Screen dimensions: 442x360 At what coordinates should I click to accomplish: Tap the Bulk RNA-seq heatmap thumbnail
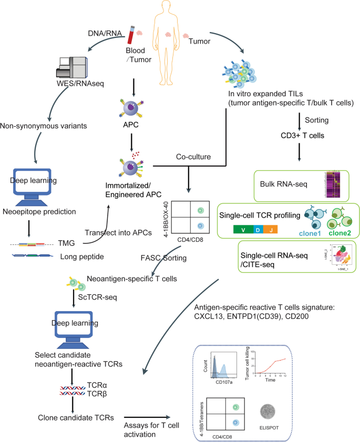pyautogui.click(x=334, y=184)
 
